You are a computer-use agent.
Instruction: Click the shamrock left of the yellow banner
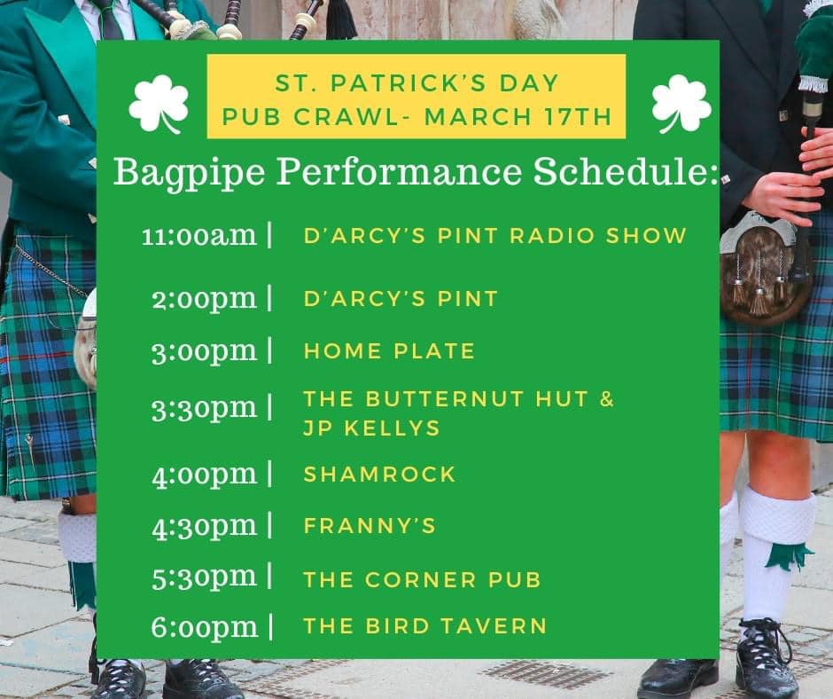click(159, 104)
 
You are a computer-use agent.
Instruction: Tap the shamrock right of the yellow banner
click(681, 104)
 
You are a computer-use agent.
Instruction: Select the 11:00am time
click(199, 236)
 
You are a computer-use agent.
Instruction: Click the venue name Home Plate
click(389, 351)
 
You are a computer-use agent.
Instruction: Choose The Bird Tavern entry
click(425, 626)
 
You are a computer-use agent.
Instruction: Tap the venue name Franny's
click(370, 526)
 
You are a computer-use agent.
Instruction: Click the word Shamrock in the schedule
click(379, 475)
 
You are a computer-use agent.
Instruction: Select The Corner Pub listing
click(422, 580)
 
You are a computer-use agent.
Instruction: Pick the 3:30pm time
click(205, 410)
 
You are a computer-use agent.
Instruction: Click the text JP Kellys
click(371, 428)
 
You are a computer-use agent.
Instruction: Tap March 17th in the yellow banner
click(518, 117)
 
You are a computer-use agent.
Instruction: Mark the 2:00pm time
click(205, 299)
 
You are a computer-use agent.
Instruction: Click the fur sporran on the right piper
click(766, 269)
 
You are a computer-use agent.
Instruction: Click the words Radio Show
click(598, 236)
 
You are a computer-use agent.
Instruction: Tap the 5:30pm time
click(205, 577)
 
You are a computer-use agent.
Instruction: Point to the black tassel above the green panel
click(340, 20)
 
